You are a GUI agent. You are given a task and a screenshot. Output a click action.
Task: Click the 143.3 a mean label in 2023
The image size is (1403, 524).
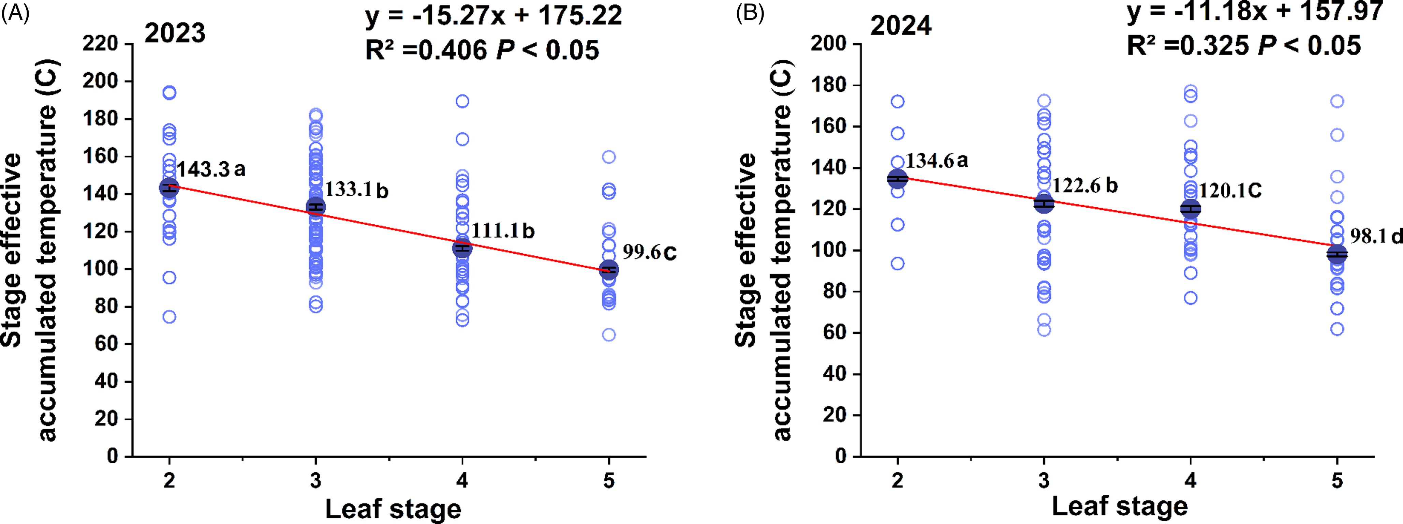[x=211, y=169]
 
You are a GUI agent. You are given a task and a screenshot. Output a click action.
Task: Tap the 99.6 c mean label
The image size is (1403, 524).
[x=649, y=252]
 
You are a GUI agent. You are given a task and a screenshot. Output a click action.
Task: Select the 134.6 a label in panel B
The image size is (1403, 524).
[x=937, y=161]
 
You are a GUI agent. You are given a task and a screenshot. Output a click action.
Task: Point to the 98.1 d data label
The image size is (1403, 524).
[x=1376, y=236]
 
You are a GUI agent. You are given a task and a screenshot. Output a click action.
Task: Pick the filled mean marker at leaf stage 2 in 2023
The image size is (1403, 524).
[x=169, y=188]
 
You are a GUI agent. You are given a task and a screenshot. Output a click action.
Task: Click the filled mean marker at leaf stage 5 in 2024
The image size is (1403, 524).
[x=1337, y=254]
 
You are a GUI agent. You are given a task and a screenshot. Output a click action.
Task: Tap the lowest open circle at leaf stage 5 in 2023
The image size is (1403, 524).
[x=609, y=334]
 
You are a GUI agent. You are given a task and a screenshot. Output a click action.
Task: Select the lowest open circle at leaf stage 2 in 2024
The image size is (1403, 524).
[x=898, y=264]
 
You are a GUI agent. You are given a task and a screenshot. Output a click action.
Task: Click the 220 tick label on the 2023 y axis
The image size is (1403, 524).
[x=100, y=44]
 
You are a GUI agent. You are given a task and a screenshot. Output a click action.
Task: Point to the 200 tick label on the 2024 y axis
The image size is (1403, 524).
[x=828, y=44]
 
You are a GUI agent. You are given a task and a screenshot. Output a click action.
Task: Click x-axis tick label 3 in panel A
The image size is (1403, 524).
[x=316, y=481]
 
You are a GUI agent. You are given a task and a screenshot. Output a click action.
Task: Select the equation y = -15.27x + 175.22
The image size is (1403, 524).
[x=493, y=15]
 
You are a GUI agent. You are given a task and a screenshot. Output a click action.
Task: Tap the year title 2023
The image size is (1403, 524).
[x=175, y=33]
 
